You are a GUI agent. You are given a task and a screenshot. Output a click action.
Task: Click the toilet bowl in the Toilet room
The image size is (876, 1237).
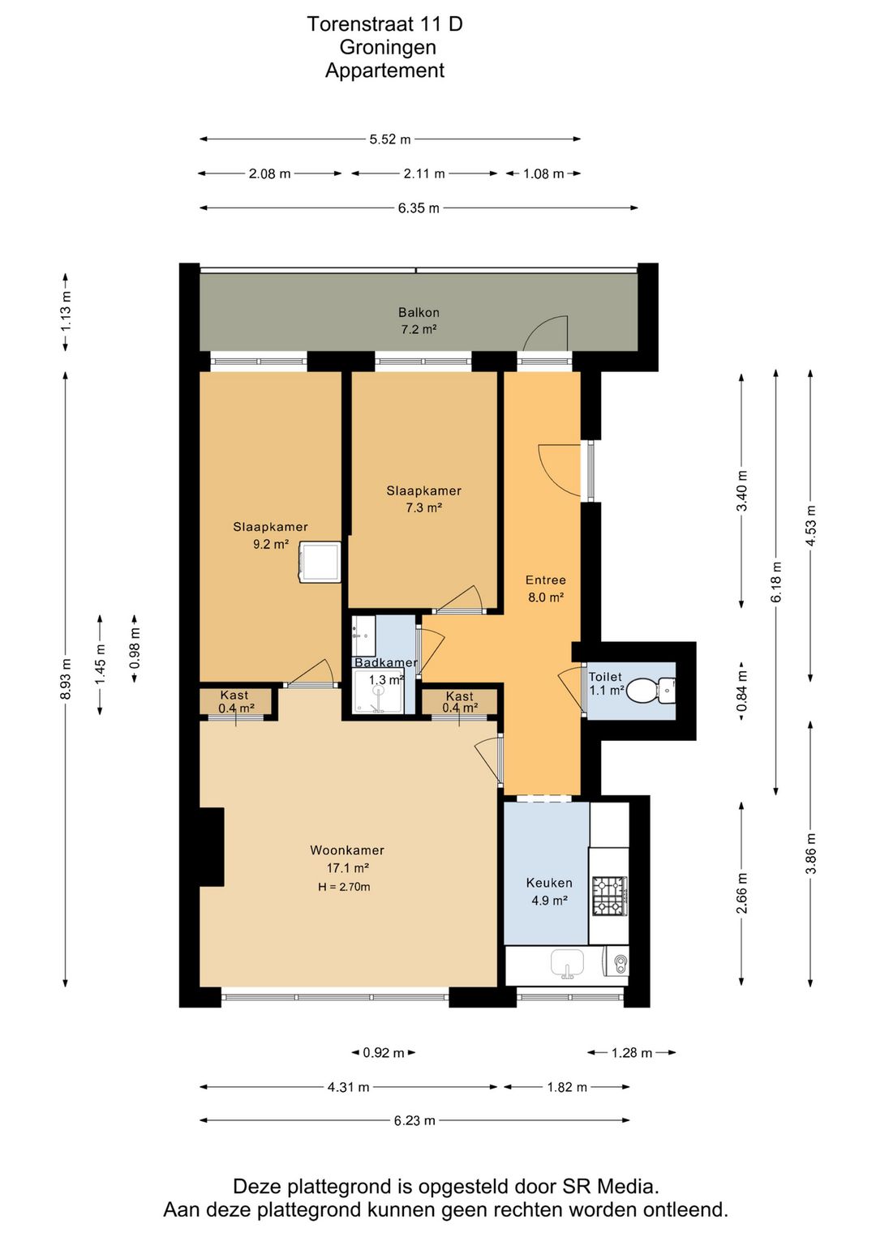[x=651, y=691]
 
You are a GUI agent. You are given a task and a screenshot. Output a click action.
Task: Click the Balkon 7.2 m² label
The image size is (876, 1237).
[x=419, y=321]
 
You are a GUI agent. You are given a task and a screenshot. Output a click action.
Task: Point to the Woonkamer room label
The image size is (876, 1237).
[x=347, y=850]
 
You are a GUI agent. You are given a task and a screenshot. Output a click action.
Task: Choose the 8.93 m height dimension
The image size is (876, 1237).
[x=66, y=678]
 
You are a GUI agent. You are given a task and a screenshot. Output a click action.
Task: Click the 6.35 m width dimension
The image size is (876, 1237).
[x=419, y=208]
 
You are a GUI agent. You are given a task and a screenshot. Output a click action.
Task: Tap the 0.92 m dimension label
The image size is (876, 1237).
[x=384, y=1052]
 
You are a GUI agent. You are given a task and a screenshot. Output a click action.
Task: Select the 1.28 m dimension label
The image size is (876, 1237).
[x=632, y=1052]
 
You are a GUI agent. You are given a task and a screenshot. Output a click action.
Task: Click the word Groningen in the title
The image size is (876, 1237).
[x=388, y=48]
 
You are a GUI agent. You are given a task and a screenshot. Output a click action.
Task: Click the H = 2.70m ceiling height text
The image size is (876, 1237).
[x=344, y=887]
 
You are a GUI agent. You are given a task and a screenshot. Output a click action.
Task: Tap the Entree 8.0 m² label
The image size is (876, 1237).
[x=546, y=589]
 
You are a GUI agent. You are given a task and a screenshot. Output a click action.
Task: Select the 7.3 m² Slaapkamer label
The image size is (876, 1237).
[x=423, y=499]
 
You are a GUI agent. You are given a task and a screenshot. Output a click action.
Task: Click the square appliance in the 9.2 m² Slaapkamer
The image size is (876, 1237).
[x=320, y=563]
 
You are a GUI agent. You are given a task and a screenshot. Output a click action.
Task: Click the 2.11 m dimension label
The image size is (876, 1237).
[x=424, y=174]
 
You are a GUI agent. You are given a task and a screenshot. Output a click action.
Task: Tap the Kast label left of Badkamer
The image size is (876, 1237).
[x=234, y=696]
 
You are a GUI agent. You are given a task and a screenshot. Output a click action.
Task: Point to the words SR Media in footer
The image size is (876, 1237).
[x=611, y=1187]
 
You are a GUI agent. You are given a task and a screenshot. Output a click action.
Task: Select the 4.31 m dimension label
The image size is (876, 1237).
[x=348, y=1087]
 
